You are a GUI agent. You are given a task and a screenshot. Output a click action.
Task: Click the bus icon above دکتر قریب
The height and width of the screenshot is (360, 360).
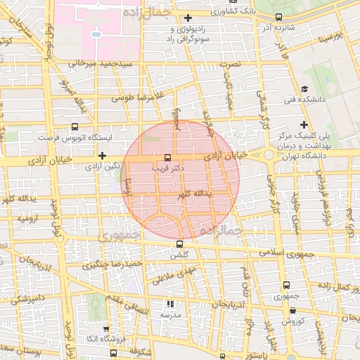167,157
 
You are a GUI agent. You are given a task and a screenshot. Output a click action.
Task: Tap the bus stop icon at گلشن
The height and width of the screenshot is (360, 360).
179,244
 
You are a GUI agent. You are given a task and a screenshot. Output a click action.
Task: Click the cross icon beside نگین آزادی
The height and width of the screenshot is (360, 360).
103,155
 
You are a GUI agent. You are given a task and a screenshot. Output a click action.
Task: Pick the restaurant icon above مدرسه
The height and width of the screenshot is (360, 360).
169,304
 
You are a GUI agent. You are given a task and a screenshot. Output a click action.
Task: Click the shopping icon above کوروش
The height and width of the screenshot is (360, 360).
292,309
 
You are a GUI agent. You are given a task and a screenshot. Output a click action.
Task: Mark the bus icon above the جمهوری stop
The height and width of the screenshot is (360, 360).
285,285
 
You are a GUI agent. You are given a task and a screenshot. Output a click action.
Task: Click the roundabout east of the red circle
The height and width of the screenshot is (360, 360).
269,155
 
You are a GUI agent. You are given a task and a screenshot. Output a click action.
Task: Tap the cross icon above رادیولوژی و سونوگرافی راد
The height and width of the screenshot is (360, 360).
188,18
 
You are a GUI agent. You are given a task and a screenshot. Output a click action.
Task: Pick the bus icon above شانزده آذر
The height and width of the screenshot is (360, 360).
279,17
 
